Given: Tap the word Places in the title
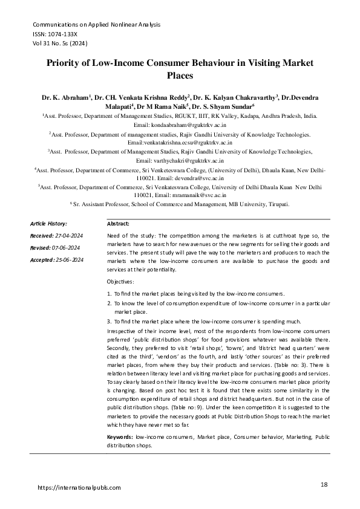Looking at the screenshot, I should [180, 77].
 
